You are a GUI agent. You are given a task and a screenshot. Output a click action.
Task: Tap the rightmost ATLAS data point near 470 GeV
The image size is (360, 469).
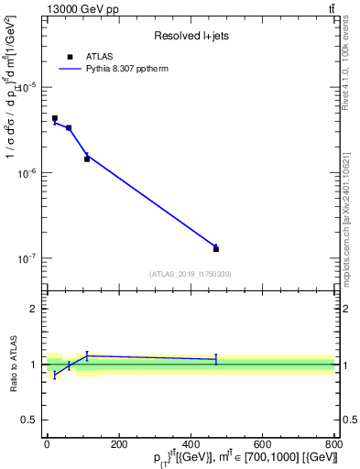(x=216, y=248)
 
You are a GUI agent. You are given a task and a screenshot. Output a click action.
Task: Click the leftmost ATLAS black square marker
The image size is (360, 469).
(x=55, y=118)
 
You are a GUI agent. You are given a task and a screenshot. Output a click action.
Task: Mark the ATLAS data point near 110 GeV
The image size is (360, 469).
(x=87, y=158)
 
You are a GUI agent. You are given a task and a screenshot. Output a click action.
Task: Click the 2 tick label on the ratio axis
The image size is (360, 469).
(x=33, y=309)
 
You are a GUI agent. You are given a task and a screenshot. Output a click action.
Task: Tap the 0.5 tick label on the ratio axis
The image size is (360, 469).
(x=29, y=420)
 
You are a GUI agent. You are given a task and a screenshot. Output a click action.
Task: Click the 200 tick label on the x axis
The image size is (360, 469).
(x=118, y=444)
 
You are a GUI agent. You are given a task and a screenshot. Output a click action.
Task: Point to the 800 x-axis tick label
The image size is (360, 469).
(x=333, y=444)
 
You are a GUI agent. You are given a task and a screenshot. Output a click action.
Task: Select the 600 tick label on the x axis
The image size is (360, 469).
(x=262, y=444)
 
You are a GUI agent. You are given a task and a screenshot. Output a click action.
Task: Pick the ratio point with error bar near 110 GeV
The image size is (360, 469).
(x=87, y=355)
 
